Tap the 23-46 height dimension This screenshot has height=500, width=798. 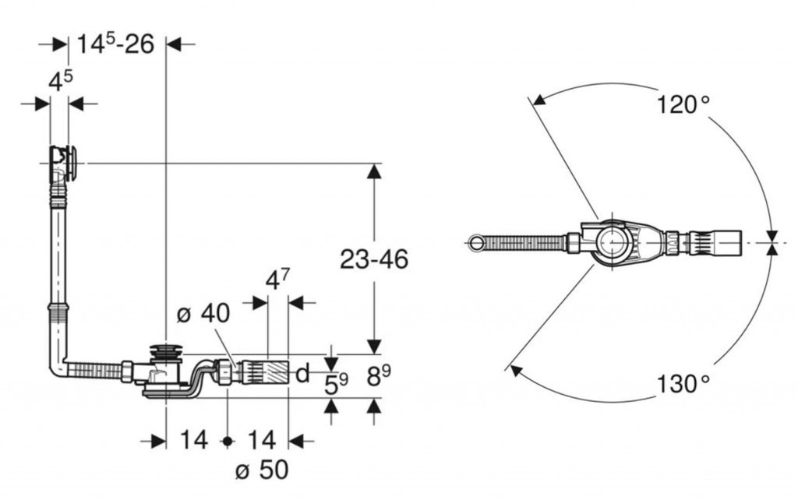point(374,259)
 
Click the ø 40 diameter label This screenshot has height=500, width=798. point(203,314)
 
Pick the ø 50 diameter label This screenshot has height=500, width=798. point(261,470)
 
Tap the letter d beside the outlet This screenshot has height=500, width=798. point(302,374)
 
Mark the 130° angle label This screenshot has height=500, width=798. point(683,383)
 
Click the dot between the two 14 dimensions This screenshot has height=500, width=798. point(228,441)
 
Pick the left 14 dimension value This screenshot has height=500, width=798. point(193,441)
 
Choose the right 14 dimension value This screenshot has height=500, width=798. point(261,441)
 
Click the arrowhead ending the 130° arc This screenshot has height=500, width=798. point(512,371)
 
